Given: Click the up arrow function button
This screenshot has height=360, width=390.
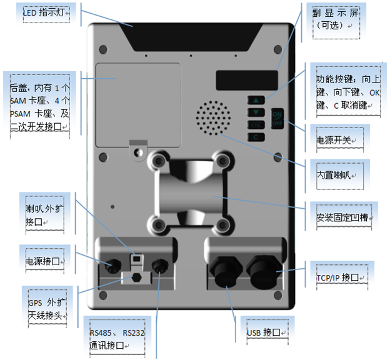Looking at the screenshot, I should click(x=256, y=100).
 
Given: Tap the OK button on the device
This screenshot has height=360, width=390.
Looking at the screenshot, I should click(x=256, y=124).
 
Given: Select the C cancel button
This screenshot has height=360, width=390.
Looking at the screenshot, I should click(x=256, y=136).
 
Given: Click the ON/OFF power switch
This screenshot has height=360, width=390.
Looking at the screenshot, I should click(x=277, y=117).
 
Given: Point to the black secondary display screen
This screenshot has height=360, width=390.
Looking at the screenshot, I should click(x=247, y=79).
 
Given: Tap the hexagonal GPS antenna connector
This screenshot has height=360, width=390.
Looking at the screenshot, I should click(x=136, y=277).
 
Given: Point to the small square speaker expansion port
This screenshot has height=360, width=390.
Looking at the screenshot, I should click(x=136, y=257).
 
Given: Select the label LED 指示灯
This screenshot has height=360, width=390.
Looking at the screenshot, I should click(x=46, y=12).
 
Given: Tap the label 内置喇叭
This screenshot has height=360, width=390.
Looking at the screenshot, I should click(x=337, y=169).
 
